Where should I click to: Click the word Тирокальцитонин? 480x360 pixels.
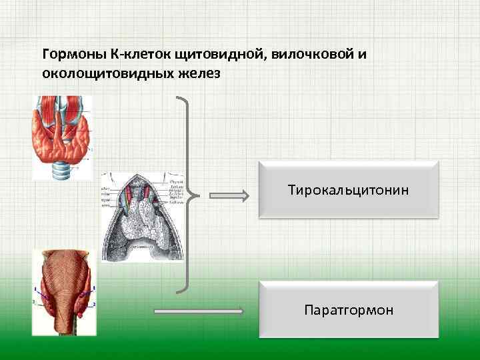[348, 191]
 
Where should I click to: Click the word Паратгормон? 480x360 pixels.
[348, 310]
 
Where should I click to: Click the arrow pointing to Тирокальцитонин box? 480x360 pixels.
[229, 196]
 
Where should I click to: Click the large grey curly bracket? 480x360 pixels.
[187, 195]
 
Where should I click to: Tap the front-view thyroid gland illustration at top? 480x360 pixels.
[62, 137]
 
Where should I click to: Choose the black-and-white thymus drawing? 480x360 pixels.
[141, 216]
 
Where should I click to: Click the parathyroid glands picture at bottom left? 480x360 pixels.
[65, 292]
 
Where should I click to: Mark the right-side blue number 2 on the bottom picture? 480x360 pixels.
[94, 304]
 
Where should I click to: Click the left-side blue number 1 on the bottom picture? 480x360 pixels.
[36, 289]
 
